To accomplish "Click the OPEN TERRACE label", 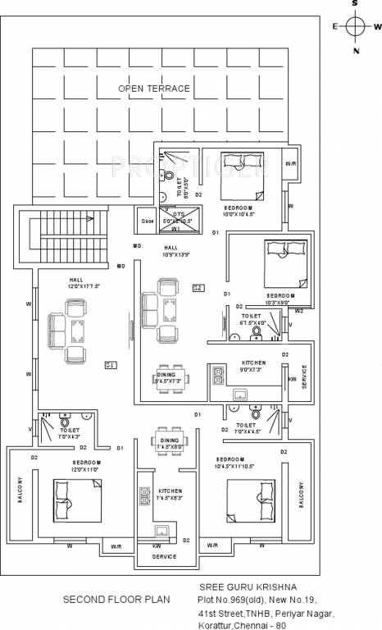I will pyautogui.click(x=153, y=88).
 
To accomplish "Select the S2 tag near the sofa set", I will pyautogui.click(x=198, y=287).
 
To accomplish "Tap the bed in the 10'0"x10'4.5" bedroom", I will pyautogui.click(x=242, y=175).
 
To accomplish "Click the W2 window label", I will pyautogui.click(x=299, y=312).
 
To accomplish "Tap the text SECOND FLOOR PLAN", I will pyautogui.click(x=116, y=600).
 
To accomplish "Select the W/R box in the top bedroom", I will pyautogui.click(x=291, y=164).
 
